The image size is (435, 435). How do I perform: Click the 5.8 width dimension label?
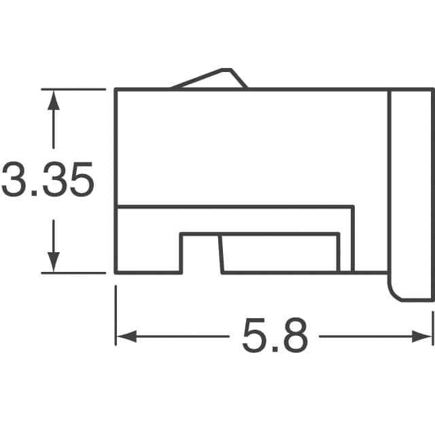coord(275,336)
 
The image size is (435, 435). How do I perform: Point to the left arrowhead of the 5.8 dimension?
coord(125,336)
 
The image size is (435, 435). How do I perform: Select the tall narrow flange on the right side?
coord(410,190)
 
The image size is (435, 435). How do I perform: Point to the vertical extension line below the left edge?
coord(116,313)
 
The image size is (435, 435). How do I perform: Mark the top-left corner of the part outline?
coord(116,89)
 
